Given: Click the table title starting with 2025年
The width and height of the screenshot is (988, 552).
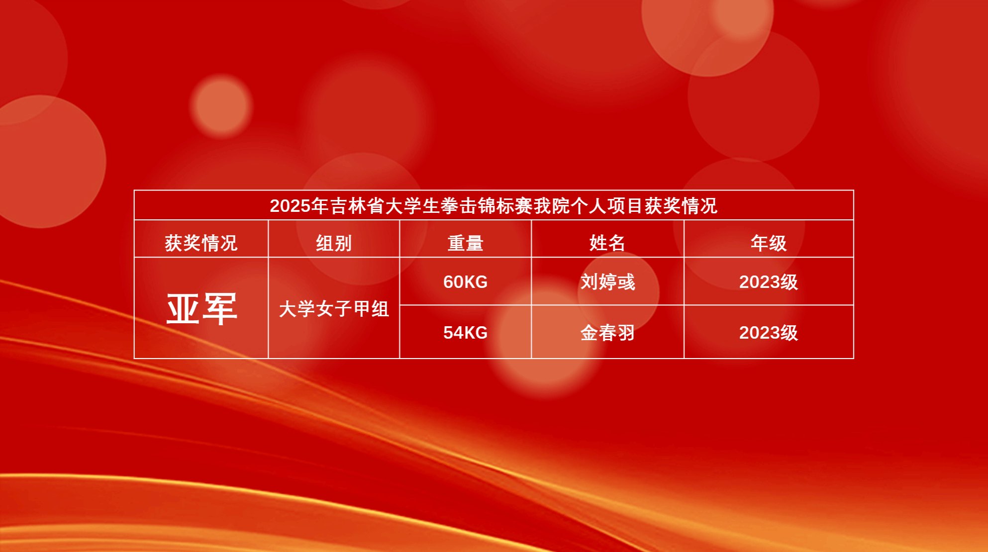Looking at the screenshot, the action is click(x=494, y=206).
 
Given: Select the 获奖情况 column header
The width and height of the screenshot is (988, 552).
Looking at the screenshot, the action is click(x=201, y=243).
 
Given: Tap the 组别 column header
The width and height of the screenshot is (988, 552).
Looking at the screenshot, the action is click(x=334, y=243).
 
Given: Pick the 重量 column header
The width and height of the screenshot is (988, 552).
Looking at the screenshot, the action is click(x=465, y=243).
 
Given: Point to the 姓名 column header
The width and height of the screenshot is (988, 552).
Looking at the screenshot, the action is click(x=607, y=243).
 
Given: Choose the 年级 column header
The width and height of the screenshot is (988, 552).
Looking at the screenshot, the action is click(x=769, y=243).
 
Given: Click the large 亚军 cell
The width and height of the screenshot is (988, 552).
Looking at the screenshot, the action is click(x=201, y=309).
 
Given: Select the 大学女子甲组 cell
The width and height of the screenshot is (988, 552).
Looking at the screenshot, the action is click(x=334, y=309).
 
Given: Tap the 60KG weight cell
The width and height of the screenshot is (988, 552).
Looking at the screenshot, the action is click(x=465, y=282).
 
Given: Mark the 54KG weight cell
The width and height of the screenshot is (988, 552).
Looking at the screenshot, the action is click(x=465, y=333).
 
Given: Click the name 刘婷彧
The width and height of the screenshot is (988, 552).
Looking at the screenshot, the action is click(x=607, y=282).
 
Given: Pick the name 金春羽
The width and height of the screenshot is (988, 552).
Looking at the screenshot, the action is click(x=607, y=333).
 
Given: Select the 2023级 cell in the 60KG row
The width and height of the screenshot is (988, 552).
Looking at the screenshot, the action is click(x=769, y=282).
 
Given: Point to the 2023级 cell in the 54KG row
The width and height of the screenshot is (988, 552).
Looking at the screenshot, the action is click(x=769, y=333).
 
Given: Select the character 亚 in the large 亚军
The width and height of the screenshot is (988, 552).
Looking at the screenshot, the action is click(x=183, y=309).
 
